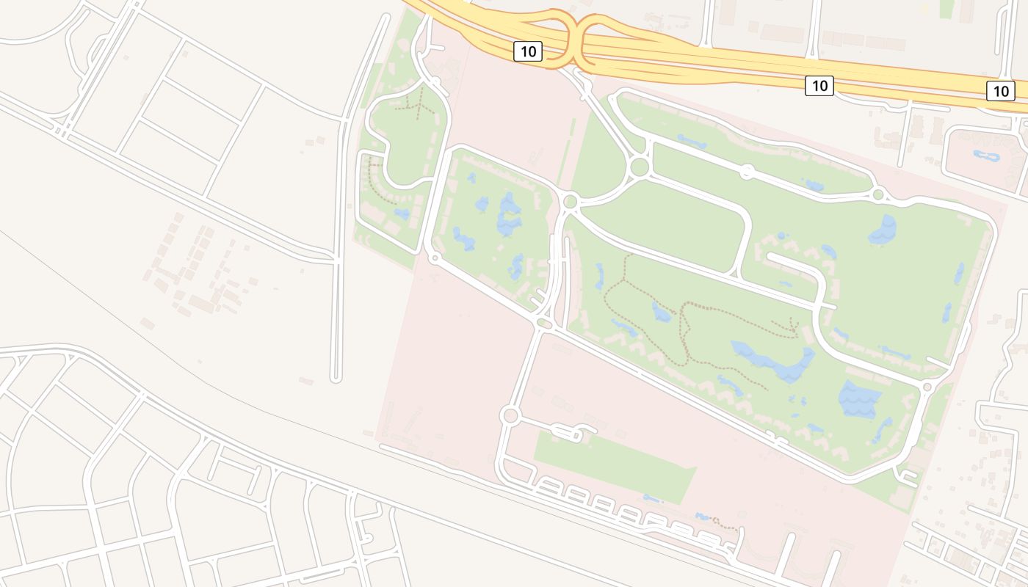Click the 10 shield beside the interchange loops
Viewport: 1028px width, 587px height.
point(527,51)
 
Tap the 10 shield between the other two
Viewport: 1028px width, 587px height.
point(819,86)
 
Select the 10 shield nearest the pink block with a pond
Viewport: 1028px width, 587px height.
point(1000,91)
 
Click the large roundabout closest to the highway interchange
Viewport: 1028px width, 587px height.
point(639,167)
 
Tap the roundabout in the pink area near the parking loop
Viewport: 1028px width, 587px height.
point(510,416)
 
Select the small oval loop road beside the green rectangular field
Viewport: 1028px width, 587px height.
point(566,434)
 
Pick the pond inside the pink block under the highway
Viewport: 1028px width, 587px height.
point(984,155)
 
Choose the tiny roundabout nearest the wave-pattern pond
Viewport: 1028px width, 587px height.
point(927,386)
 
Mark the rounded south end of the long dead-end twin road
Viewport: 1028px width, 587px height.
point(336,378)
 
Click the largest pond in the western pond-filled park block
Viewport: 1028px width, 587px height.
point(509,214)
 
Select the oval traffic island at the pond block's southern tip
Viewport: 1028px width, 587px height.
point(544,323)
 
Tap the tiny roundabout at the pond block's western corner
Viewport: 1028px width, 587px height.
point(435,258)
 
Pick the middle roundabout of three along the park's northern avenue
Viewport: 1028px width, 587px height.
point(747,172)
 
